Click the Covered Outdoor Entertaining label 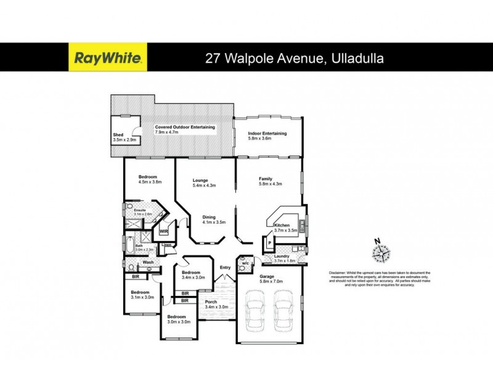tap(185, 126)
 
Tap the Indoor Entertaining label tap(267, 133)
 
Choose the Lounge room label tap(200, 180)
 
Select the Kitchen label tap(282, 225)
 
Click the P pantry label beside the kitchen tap(269, 244)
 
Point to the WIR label tap(164, 231)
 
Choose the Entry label tap(226, 267)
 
